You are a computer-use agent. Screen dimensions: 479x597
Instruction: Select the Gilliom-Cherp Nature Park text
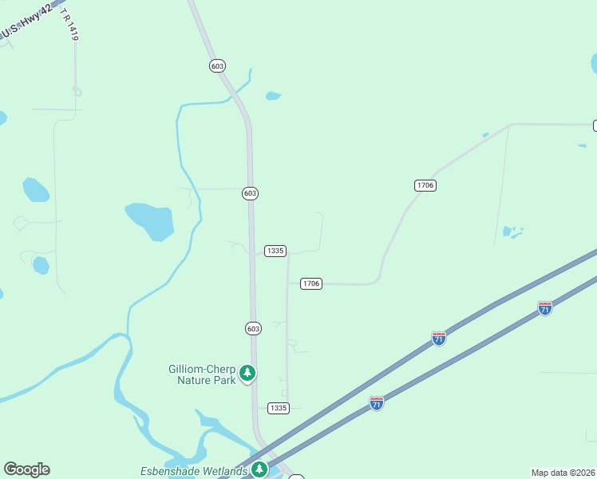click(x=202, y=374)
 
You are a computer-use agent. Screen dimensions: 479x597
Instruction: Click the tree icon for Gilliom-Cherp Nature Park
click(x=247, y=373)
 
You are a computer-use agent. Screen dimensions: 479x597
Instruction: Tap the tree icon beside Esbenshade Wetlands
click(x=259, y=469)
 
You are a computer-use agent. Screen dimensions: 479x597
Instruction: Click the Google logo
click(x=26, y=469)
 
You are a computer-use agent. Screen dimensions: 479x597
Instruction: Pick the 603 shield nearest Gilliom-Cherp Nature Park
click(x=253, y=328)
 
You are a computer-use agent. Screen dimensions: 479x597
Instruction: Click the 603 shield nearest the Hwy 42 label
click(x=217, y=65)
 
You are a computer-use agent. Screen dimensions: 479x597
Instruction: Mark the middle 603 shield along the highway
click(x=250, y=193)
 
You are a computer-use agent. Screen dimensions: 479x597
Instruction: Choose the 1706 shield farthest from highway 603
click(x=425, y=185)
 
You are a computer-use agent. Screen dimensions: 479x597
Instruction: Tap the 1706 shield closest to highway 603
click(x=310, y=283)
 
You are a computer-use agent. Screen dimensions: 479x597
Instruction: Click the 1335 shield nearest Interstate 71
click(x=278, y=408)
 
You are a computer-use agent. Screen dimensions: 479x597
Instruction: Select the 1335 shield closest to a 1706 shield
click(x=275, y=251)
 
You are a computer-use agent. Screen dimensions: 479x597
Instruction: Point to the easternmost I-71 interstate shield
click(x=544, y=307)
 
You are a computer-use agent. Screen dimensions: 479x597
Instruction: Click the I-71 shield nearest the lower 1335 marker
click(x=376, y=403)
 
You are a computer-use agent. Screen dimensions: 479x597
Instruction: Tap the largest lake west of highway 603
click(x=150, y=221)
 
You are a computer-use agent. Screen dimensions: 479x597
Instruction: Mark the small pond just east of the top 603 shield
click(x=273, y=96)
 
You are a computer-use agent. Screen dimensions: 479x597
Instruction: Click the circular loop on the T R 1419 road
click(x=77, y=91)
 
